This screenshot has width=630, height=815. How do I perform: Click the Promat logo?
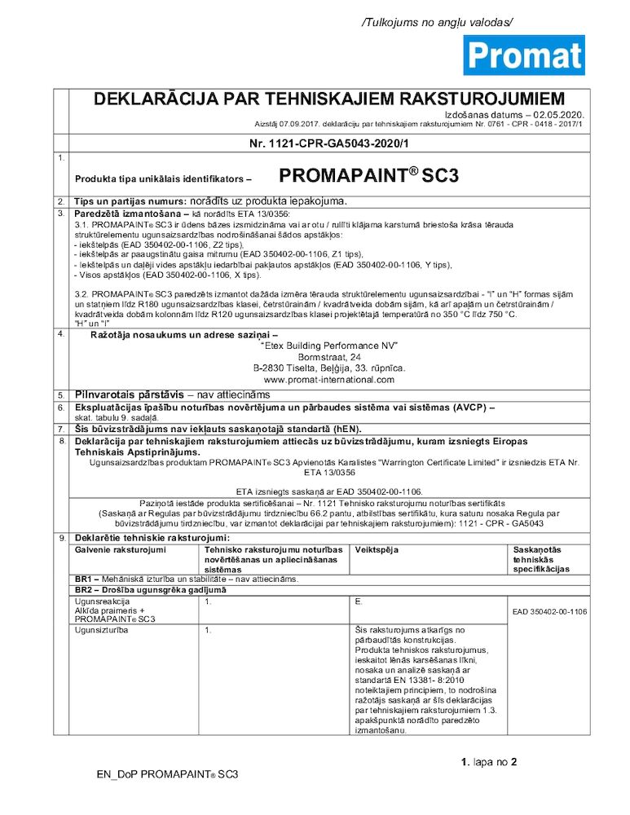tap(523, 55)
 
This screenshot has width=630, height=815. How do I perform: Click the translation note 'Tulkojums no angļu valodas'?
tap(438, 23)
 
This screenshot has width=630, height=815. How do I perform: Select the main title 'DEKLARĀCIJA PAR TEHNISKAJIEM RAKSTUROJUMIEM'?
tap(329, 99)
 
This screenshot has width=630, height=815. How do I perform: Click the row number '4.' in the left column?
tap(61, 335)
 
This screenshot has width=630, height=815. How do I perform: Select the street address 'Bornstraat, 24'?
tap(328, 357)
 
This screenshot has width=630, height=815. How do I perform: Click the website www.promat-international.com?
tap(328, 380)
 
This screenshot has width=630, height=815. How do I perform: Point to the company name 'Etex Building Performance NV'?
tap(328, 346)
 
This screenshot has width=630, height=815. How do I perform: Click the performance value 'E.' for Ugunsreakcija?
tap(359, 601)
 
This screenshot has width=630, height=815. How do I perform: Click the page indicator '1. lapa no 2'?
tap(489, 763)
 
